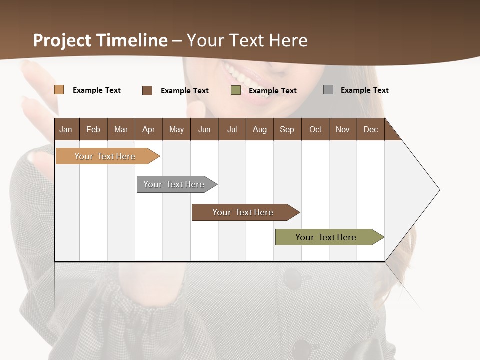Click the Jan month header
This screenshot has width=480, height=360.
pos(66,129)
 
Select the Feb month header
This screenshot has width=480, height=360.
pos(93,129)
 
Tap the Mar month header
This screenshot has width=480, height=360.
pos(121,129)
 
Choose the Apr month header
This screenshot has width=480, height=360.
pos(149,129)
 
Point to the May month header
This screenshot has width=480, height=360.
pos(176,129)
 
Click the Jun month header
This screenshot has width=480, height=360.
pos(204,129)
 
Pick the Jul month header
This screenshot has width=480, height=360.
pos(232,129)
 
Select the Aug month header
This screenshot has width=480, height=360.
pos(260,129)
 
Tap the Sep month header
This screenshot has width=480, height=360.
pos(287,129)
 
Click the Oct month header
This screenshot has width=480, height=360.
pos(315,129)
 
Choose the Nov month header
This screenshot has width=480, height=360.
pos(343,129)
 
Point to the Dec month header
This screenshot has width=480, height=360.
pos(371,129)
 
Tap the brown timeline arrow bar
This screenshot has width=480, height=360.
pos(243,212)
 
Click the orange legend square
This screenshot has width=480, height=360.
pos(59,90)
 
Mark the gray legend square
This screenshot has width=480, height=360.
pos(328,90)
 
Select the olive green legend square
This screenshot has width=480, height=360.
pos(236,90)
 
